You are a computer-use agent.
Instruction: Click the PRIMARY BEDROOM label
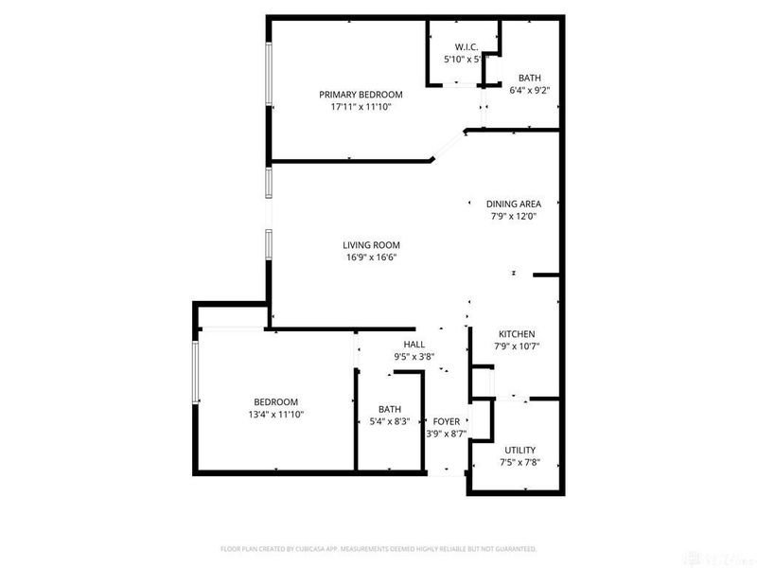[361, 94]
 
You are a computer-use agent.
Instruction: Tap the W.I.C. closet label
[465, 45]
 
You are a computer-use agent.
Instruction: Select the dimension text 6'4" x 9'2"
[529, 91]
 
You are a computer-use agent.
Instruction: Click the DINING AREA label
[514, 204]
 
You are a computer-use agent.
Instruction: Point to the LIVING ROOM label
[372, 244]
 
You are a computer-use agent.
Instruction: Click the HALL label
[414, 345]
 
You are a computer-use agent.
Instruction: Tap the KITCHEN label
[517, 334]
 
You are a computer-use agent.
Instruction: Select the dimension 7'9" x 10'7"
[517, 347]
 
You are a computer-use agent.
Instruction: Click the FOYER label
[446, 421]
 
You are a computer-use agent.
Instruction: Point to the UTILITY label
[519, 450]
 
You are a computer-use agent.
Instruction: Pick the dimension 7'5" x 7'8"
[519, 463]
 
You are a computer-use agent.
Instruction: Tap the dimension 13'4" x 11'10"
[274, 414]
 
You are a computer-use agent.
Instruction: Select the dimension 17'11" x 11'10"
[361, 107]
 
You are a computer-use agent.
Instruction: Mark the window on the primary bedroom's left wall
[269, 75]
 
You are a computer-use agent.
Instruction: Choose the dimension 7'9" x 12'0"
[514, 217]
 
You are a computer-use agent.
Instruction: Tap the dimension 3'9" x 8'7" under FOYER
[446, 435]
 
